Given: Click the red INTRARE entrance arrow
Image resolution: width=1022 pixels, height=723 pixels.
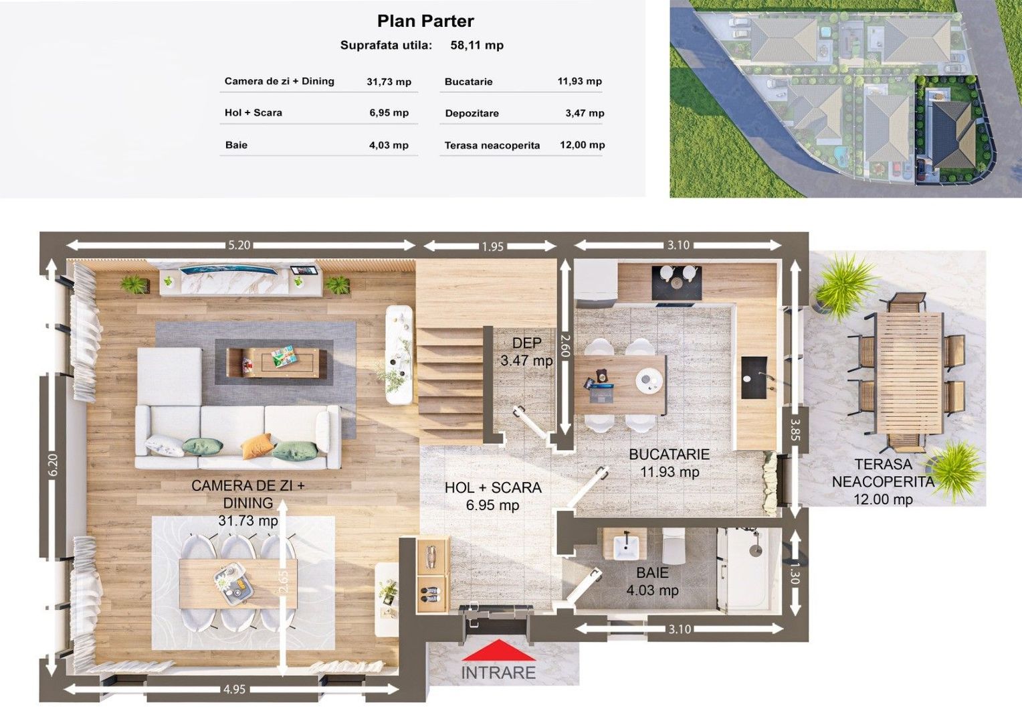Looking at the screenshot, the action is tap(499, 650).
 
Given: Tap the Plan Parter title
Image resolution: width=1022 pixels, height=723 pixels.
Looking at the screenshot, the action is tap(425, 21).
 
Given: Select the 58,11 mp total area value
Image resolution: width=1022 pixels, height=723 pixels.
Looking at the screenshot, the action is tap(477, 46).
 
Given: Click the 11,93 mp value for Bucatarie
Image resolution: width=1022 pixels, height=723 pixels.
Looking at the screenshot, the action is tap(579, 81).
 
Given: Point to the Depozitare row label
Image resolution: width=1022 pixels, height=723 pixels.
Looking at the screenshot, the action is tap(472, 113).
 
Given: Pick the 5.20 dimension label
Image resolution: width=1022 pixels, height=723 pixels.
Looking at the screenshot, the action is tap(239, 245).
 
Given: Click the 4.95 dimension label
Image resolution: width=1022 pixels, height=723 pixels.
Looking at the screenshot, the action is tap(235, 690).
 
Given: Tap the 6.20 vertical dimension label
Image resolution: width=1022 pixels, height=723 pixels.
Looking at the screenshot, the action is tap(53, 465).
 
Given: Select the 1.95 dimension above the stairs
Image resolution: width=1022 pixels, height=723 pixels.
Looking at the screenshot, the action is tap(493, 246).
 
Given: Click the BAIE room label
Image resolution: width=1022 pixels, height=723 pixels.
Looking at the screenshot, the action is tap(652, 573).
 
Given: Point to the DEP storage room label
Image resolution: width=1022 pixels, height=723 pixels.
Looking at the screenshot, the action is tap(526, 343).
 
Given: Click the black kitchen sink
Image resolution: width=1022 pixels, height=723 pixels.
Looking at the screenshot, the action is tap(754, 378).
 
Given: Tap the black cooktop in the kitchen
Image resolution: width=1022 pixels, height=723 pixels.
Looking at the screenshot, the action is tap(677, 283).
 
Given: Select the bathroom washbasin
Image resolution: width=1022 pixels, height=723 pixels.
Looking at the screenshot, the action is tap(624, 545).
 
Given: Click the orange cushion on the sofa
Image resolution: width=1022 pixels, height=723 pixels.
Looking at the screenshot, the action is tap(256, 446).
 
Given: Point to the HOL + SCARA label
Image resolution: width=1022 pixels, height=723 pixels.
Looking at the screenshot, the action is tap(493, 487).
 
